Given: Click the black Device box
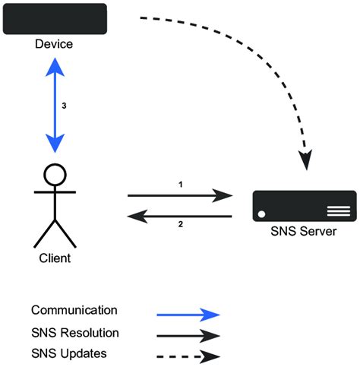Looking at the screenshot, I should pos(54,19).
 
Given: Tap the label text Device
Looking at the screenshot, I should pos(54,44).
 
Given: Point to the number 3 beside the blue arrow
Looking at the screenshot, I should pos(65,106).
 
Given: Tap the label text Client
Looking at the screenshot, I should pos(54,258).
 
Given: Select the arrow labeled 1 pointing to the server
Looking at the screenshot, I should pos(180,196).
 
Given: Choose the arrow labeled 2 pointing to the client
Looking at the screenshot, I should pos(180,216).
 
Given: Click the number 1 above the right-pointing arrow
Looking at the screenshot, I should pos(180,185).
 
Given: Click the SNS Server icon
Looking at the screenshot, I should pos(305,206).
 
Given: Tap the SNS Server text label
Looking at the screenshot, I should pos(305,231).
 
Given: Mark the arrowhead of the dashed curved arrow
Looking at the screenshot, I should pos(305,160).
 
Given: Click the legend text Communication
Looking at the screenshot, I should pos(74,310).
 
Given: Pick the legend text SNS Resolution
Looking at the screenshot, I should pos(75,333).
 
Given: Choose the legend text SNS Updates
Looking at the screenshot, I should pos(68,353).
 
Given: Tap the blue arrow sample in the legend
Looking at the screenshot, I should pos(188,314).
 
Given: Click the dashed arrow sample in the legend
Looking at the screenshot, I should pos(188,356).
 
